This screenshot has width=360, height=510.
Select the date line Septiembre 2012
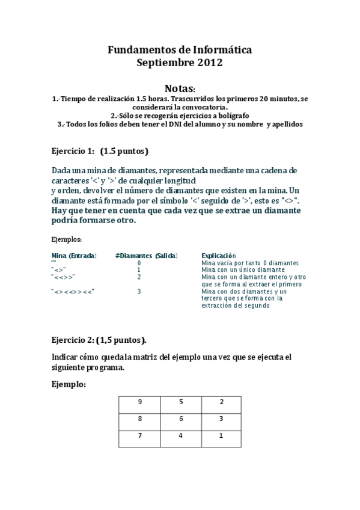180,62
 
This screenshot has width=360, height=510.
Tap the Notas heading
180,88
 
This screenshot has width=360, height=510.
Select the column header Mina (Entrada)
74,256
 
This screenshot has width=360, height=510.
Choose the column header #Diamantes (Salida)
146,256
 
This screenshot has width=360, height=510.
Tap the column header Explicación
219,256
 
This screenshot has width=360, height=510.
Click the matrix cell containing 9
139,402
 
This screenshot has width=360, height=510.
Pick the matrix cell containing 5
181,402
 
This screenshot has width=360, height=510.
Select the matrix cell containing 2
221,402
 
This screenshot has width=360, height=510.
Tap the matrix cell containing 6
181,419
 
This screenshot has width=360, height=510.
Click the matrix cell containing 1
221,435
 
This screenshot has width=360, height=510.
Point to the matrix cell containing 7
139,435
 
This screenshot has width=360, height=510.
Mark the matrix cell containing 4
181,435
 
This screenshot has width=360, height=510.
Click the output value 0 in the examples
139,263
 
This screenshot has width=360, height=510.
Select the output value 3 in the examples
139,292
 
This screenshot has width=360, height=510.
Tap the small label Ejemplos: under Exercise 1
65,239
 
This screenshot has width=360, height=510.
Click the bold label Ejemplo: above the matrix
69,383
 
